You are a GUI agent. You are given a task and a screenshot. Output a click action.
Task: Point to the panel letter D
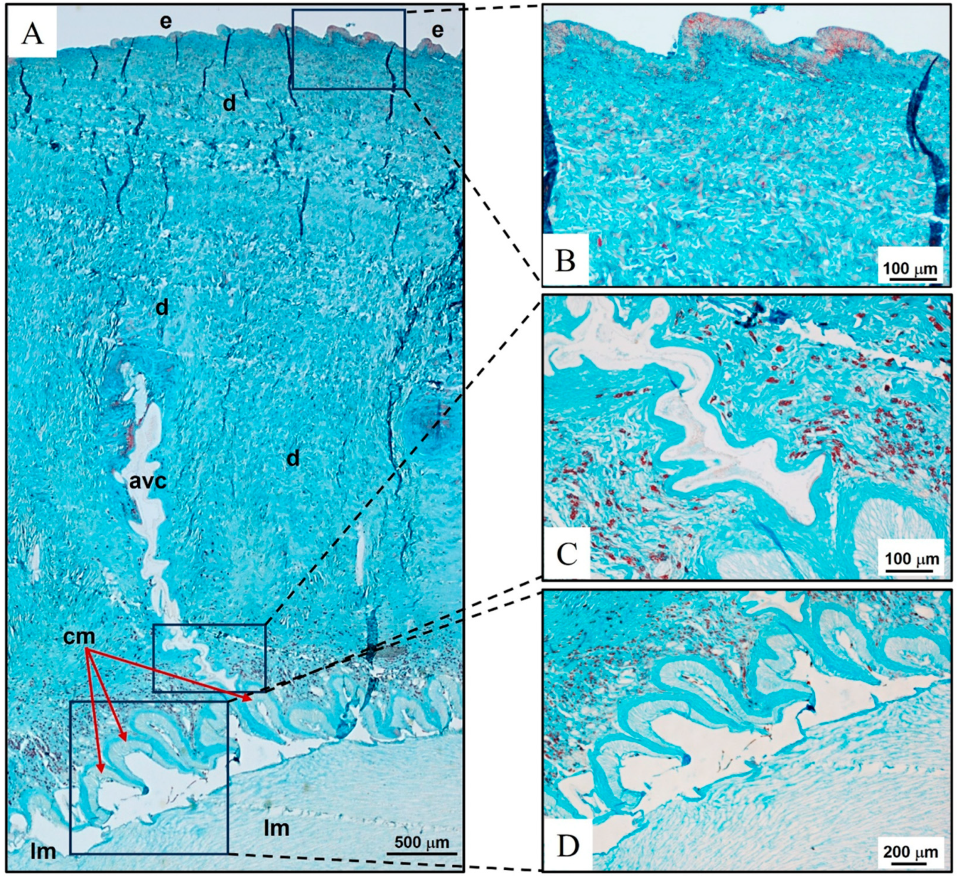pyautogui.click(x=568, y=847)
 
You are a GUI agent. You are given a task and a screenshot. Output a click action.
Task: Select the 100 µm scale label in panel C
pyautogui.click(x=912, y=559)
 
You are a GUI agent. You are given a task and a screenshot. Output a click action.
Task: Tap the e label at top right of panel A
pyautogui.click(x=437, y=30)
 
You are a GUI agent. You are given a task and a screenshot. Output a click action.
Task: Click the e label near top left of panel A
pyautogui.click(x=165, y=21)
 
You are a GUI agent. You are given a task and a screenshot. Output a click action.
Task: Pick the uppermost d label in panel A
pyautogui.click(x=229, y=103)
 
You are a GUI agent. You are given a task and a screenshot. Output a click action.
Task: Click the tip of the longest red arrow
pyautogui.click(x=251, y=700)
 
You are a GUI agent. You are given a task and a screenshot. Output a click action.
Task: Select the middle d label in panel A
pyautogui.click(x=162, y=308)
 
